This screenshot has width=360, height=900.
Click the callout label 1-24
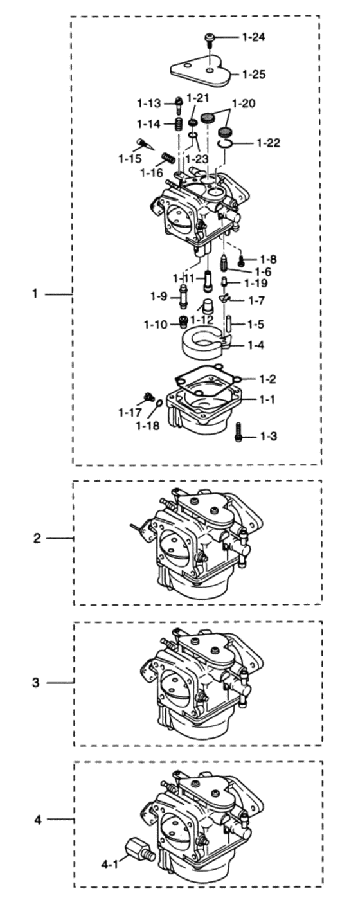[x=253, y=37]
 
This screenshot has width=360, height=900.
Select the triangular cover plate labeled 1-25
[x=201, y=74]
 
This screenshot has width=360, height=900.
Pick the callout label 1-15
[x=131, y=157]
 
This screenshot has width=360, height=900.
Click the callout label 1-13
[x=148, y=102]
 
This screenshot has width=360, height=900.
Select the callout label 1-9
[x=159, y=296]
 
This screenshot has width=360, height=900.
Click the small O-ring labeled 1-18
[x=158, y=403]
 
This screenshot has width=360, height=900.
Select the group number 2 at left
[x=37, y=539]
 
